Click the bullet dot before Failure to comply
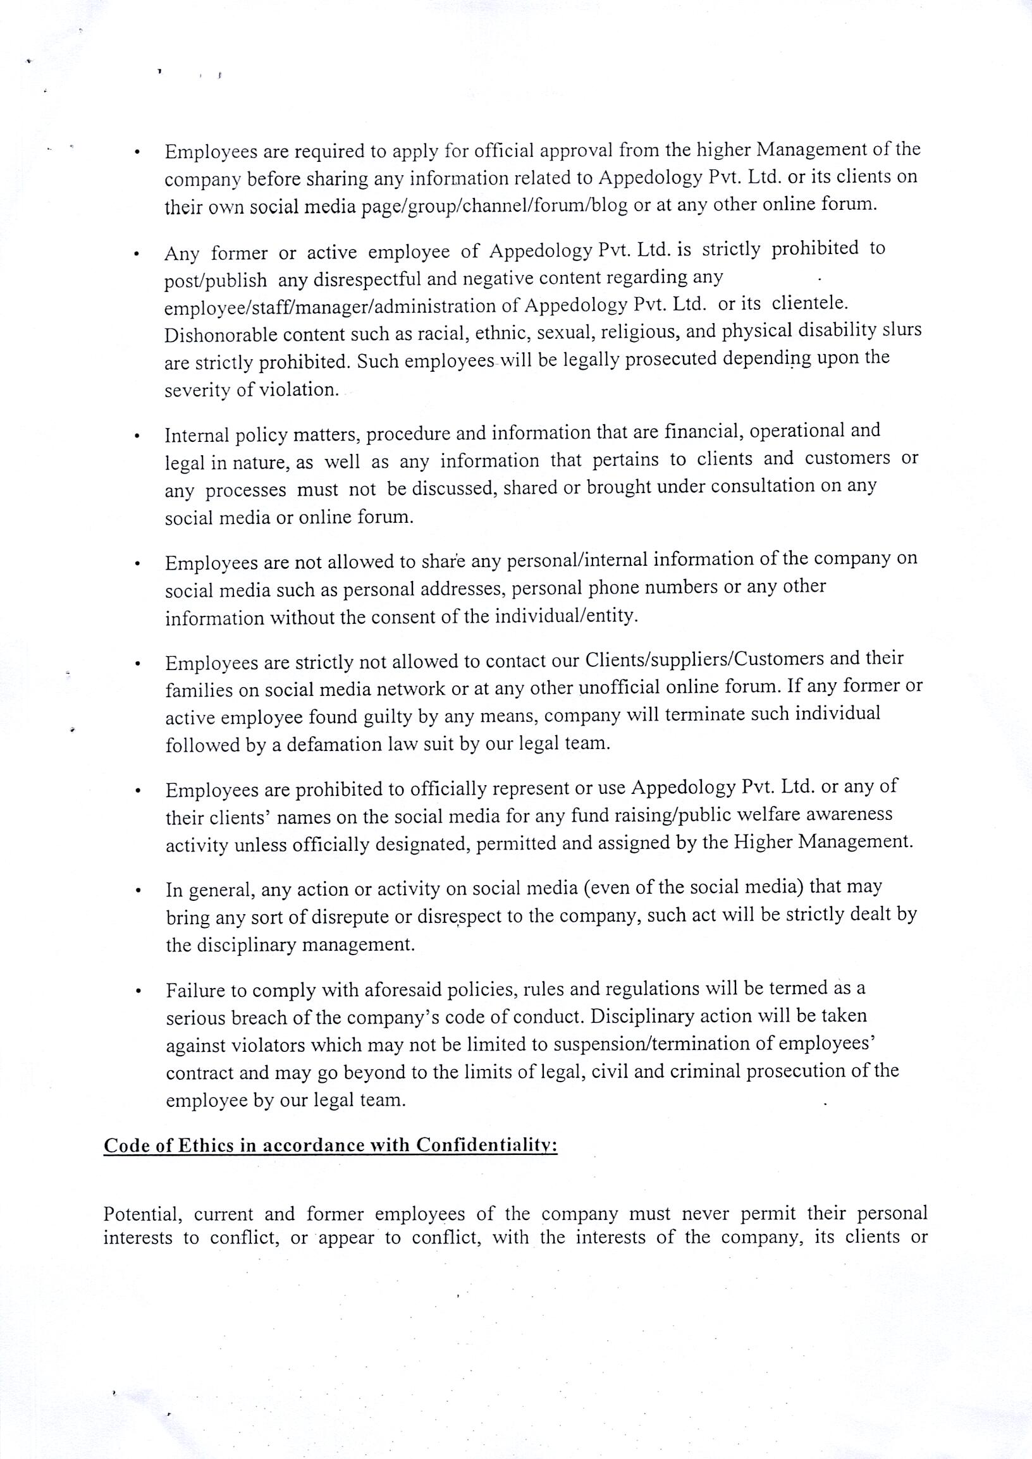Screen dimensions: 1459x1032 [137, 992]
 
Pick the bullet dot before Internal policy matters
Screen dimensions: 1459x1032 [137, 437]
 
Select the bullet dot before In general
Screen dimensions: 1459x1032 [137, 891]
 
